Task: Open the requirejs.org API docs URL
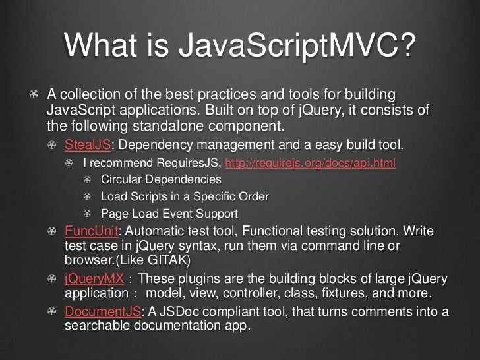311,162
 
